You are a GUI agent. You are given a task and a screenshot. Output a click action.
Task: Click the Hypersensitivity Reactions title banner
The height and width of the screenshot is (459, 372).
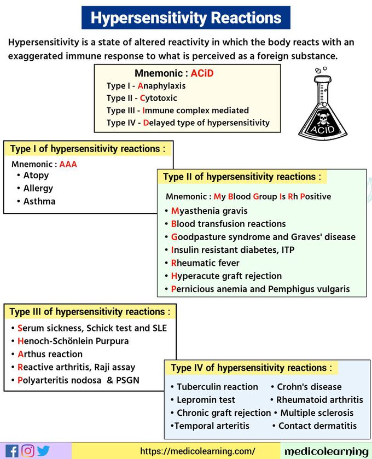point(185,18)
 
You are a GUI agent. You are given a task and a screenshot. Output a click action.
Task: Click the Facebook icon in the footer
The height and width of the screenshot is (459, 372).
point(12,451)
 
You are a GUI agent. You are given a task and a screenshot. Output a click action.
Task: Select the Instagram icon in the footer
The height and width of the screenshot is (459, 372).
point(28,451)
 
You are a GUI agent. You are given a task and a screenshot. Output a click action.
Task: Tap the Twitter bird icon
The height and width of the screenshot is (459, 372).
point(43,451)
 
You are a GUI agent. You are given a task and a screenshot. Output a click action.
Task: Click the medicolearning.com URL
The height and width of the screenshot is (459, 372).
point(197,451)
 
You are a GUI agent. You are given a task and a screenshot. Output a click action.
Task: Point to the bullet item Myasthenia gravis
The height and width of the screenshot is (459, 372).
point(208,211)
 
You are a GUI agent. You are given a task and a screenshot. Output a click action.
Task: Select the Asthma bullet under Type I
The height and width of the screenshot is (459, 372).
point(39,201)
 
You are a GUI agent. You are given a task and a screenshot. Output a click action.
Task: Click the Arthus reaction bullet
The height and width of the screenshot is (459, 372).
point(50,354)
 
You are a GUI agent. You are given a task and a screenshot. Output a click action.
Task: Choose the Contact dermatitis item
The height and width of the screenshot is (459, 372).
point(317,426)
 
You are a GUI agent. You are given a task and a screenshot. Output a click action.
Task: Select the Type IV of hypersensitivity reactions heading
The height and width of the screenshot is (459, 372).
point(251,368)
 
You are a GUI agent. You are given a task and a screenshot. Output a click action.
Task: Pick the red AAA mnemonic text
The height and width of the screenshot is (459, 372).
point(68,164)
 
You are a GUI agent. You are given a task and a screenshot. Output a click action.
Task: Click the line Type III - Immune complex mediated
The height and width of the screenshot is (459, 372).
point(177,110)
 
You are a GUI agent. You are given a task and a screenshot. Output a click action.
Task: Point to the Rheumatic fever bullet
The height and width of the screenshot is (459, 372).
point(205,263)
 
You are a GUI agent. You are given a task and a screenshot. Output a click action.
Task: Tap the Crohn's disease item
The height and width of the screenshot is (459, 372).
point(309,386)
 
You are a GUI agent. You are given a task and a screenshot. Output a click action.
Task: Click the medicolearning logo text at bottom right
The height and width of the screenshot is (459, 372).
point(326,451)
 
